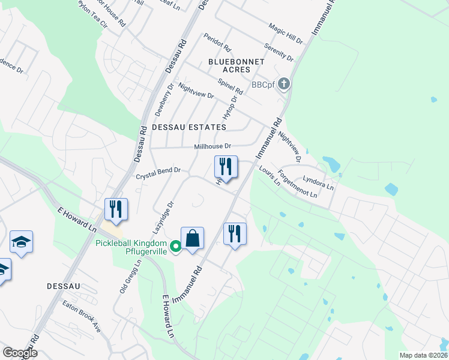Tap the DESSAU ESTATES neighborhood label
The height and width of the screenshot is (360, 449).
[189, 127]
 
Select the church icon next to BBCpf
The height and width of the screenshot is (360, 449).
[285, 85]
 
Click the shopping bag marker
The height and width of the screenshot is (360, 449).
[192, 238]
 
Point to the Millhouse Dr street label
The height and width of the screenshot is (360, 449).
[212, 146]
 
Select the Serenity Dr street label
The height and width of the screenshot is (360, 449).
[279, 53]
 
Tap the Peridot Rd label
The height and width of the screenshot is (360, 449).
[217, 41]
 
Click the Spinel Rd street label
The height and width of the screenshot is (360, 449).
[230, 86]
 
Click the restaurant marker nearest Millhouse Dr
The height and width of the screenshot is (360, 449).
[226, 166]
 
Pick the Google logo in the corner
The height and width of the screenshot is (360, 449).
[20, 353]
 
